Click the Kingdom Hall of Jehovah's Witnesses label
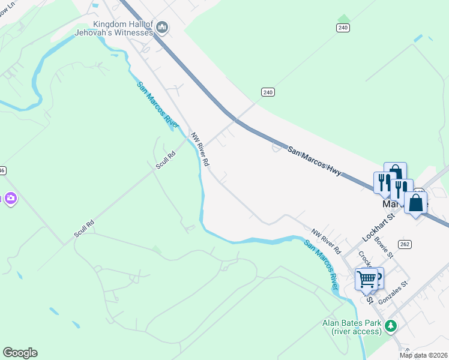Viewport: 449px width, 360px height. (x=123, y=28)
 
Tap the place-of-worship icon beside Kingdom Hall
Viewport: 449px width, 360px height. (x=162, y=27)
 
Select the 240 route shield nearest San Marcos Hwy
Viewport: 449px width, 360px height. (x=268, y=92)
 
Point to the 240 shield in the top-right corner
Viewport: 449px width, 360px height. (x=343, y=28)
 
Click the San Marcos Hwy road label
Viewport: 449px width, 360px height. (x=314, y=161)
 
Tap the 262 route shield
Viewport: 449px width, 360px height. (x=405, y=244)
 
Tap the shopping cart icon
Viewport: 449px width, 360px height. (x=366, y=278)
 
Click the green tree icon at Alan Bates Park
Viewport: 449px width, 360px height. (x=391, y=326)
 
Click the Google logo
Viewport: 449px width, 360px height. (x=20, y=353)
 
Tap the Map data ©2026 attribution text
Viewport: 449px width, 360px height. (x=423, y=355)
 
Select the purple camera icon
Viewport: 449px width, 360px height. (x=10, y=198)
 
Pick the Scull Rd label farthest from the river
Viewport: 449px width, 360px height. (x=84, y=229)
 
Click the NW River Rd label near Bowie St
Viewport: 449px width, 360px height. (x=326, y=240)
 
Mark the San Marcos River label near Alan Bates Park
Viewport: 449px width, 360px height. (x=321, y=264)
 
